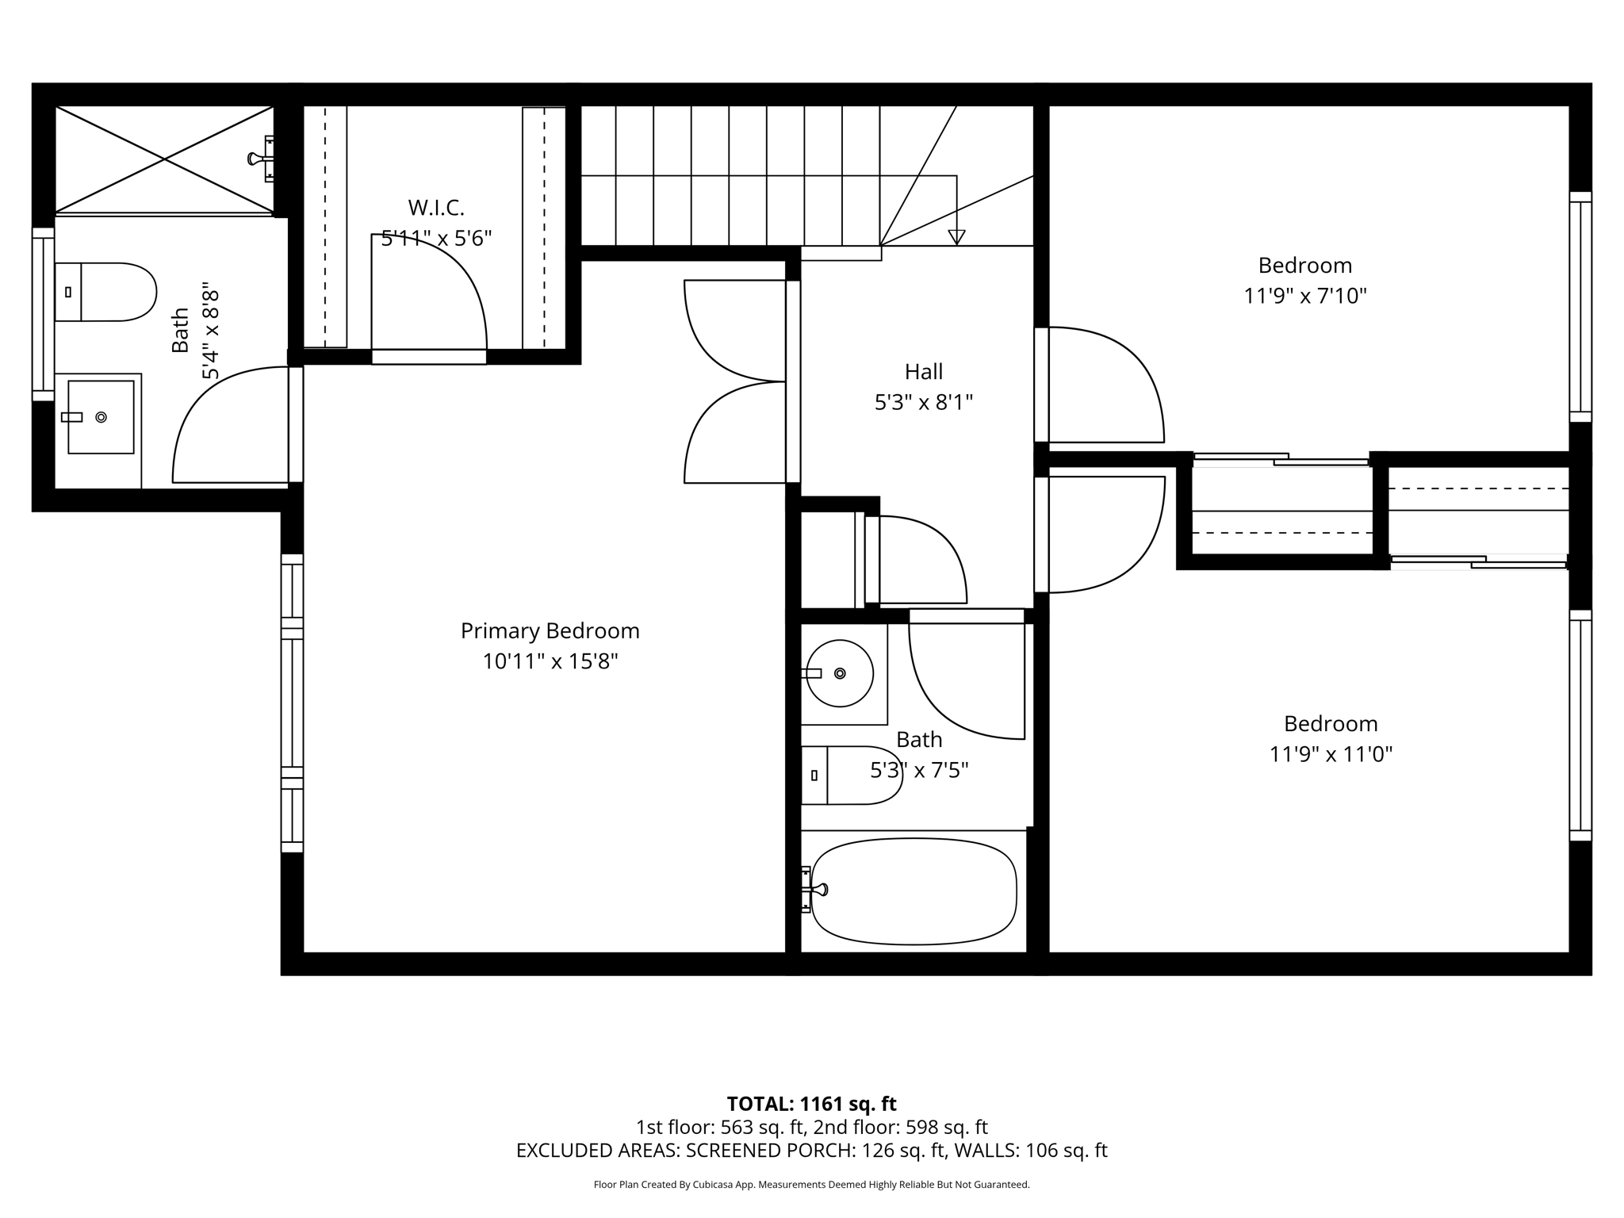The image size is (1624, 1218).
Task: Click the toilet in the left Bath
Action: point(105,292)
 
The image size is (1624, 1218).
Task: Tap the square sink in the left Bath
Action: point(101,417)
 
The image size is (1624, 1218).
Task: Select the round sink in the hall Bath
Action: point(839,673)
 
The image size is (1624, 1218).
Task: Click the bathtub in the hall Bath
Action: point(913,891)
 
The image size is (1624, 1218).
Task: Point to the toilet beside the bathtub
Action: point(852,776)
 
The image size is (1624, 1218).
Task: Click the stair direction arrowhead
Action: point(956,237)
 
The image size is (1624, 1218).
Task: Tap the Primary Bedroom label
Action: point(550,631)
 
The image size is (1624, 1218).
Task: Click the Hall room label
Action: point(924,372)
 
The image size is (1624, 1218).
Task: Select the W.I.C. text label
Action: point(436,208)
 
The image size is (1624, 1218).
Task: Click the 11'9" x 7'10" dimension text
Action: point(1305,296)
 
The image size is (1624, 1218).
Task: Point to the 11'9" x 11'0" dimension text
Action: point(1331,754)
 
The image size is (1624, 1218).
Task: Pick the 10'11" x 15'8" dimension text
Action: point(550,661)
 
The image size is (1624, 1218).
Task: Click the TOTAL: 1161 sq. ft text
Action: point(811,1104)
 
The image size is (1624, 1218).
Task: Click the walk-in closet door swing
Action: point(429,292)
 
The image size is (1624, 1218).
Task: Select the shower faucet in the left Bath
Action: point(262,159)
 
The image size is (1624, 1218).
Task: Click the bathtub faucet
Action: point(814,891)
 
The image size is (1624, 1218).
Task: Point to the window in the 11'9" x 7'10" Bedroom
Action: point(1580,307)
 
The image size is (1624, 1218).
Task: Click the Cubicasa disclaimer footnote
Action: point(811,1185)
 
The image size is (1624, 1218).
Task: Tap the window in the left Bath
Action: point(43,315)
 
